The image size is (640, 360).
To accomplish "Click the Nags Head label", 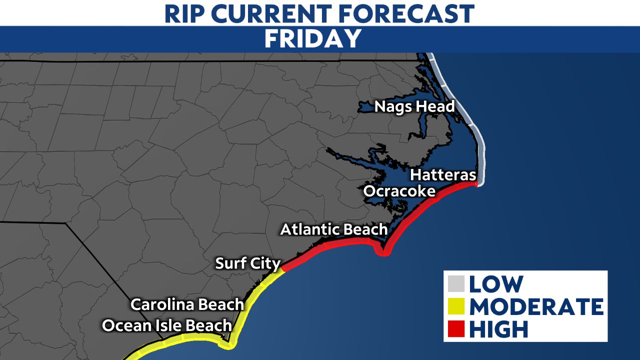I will tap(414, 106).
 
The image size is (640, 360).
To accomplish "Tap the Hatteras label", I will tap(443, 175).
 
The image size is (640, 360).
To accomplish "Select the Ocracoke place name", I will tap(399, 191).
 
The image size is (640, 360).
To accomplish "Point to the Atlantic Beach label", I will tap(333, 229).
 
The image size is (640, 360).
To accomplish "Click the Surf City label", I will tap(248, 263).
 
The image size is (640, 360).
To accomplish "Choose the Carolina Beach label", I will tap(187, 304).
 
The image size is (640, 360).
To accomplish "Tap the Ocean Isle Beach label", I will tap(167, 325).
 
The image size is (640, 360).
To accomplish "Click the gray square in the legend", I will tap(457, 284).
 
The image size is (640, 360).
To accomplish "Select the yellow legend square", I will tap(457, 306).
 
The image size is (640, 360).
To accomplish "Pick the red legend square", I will tap(457, 329).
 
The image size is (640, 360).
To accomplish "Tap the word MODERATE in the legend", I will tap(535, 306).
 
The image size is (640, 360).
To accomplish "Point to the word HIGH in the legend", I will tap(498, 329).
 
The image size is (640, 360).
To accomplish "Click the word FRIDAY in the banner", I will tap(313, 39).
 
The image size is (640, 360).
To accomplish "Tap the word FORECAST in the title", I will tap(408, 13).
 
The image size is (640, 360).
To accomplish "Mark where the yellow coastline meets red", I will tap(282, 270).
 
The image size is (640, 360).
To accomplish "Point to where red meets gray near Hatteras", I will tap(475, 184).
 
